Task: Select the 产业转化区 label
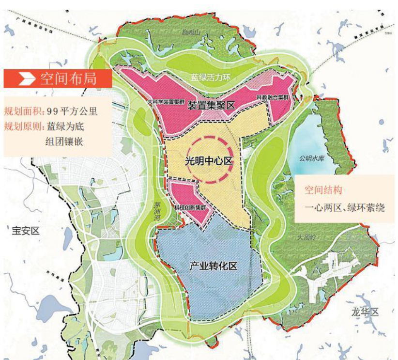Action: coord(213,266)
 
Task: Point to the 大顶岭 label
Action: coord(306,237)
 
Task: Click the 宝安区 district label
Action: coord(26,231)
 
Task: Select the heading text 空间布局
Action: coord(68,78)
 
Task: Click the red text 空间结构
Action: coord(323,190)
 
